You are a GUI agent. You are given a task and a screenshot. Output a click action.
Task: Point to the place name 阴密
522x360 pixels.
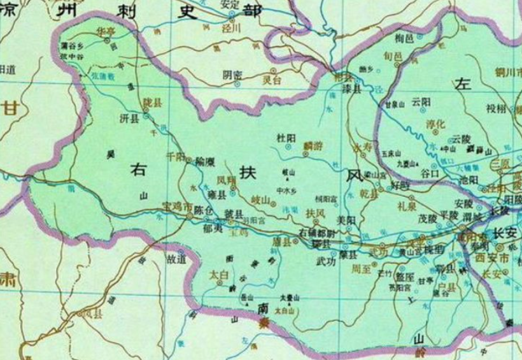click(232, 75)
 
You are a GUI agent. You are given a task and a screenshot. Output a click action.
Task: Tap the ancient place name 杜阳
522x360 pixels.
click(286, 138)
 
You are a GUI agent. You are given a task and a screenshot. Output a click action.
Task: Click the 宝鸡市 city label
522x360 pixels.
click(177, 207)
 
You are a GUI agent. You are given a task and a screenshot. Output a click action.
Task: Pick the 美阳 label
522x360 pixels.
click(345, 219)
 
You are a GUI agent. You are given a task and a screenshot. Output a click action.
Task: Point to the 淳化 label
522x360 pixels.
click(436, 125)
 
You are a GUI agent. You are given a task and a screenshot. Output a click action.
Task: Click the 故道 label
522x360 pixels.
click(175, 259)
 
